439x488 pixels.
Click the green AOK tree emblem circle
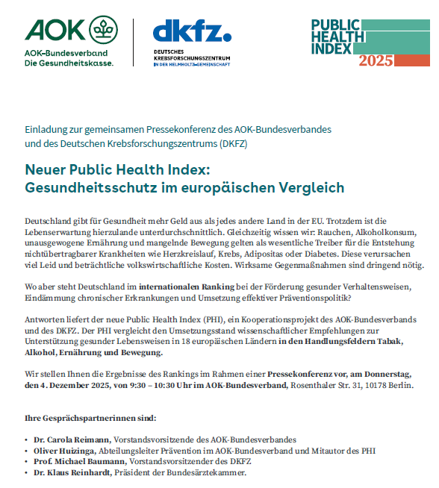103,31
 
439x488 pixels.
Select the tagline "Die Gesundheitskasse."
69,63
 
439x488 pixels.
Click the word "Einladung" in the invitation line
46,128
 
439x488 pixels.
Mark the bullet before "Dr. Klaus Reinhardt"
26,472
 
